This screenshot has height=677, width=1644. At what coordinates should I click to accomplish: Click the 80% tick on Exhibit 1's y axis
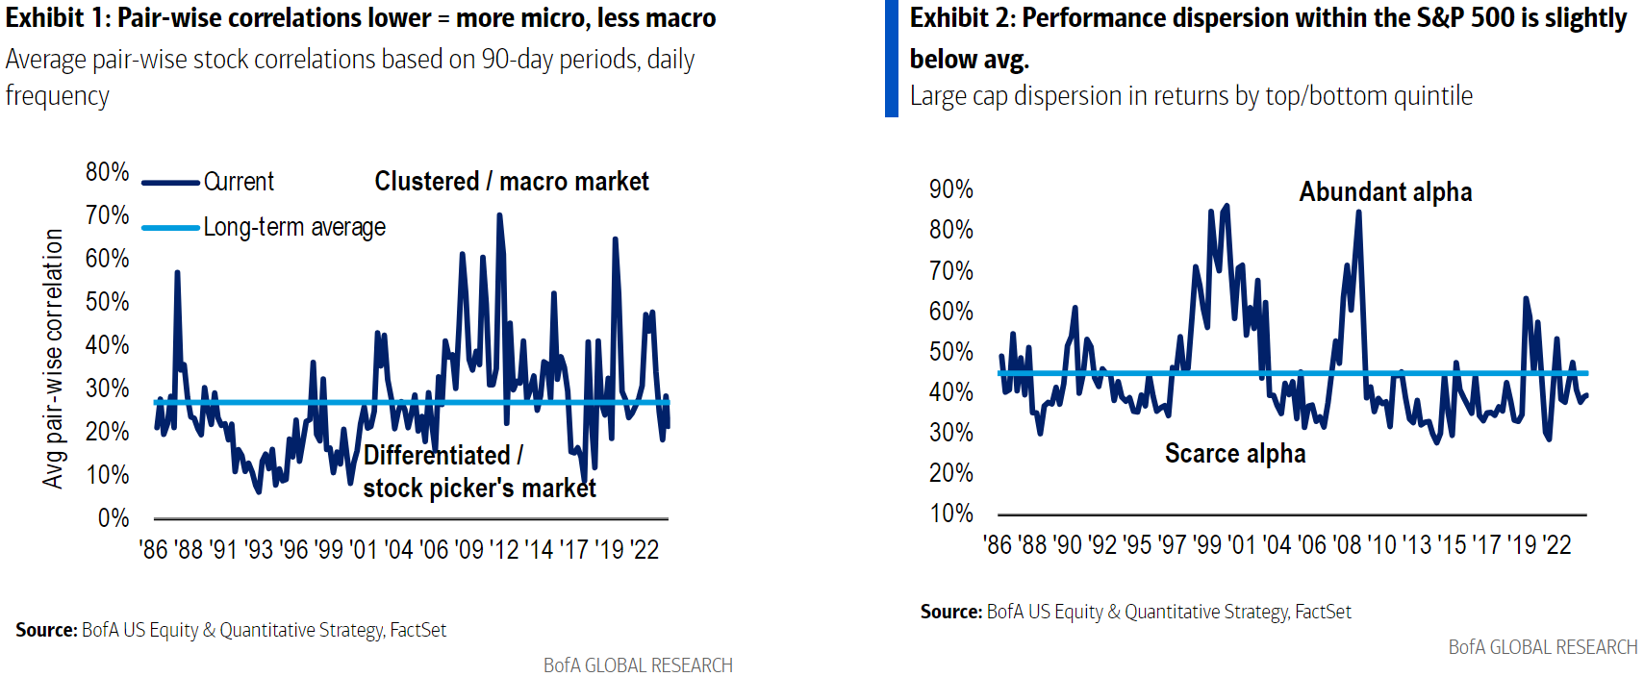107,172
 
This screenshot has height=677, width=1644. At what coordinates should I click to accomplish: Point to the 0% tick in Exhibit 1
113,518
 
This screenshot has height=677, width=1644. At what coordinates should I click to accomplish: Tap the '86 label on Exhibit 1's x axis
154,550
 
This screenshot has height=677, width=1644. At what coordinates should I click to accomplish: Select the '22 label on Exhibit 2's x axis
1556,545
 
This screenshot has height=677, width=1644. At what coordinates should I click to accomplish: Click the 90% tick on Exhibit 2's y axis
950,189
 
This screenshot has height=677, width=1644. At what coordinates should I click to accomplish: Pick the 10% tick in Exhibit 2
950,514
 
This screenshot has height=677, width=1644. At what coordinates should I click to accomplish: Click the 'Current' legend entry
239,182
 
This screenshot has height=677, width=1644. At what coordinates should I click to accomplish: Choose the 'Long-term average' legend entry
293,227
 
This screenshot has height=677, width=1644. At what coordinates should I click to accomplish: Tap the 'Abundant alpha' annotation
1385,192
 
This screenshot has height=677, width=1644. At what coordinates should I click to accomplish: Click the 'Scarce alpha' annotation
1235,454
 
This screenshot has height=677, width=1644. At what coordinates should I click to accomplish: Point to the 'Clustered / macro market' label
512,182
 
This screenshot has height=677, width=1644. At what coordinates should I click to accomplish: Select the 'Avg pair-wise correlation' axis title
54,358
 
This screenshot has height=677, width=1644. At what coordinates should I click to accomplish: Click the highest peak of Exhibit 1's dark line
498,215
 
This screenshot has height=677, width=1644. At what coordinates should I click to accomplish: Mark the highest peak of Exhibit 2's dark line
1226,206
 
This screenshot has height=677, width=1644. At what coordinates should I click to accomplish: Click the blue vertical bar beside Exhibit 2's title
891,59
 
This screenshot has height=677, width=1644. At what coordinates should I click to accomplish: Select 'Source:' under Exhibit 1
46,630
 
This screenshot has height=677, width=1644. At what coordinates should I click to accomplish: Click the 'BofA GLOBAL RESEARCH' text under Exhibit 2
1542,647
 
